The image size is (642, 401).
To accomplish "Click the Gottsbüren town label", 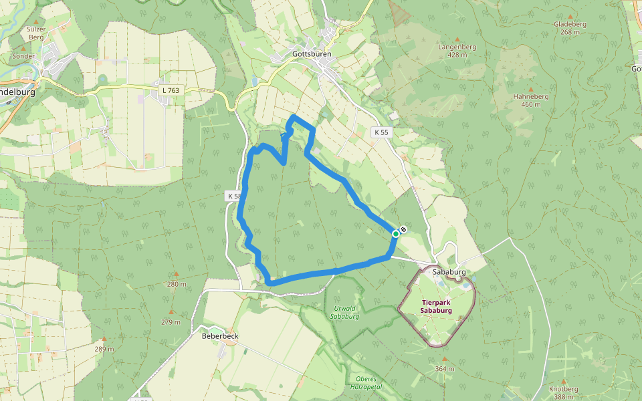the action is [x=312, y=53].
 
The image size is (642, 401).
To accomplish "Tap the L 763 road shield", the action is [x=171, y=90].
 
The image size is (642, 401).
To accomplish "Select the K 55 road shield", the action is [x=381, y=132].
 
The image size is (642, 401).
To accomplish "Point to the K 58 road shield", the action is [x=233, y=196].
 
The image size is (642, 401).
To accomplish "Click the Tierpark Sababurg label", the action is [x=437, y=306].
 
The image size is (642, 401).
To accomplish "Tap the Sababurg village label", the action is [x=449, y=273].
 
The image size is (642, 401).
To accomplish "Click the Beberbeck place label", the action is [x=220, y=336].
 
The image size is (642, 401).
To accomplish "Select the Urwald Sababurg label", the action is [x=346, y=312].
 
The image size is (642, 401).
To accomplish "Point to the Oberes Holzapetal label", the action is [x=365, y=382].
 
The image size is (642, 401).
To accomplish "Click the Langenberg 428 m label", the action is [x=457, y=51].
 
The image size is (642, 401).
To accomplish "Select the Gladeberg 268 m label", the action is [x=570, y=27].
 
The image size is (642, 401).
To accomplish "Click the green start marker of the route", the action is [x=396, y=234].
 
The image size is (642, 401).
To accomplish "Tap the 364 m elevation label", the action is [x=444, y=369].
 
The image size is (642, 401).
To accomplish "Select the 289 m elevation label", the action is [x=104, y=349].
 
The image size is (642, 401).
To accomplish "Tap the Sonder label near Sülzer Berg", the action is [x=23, y=57].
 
